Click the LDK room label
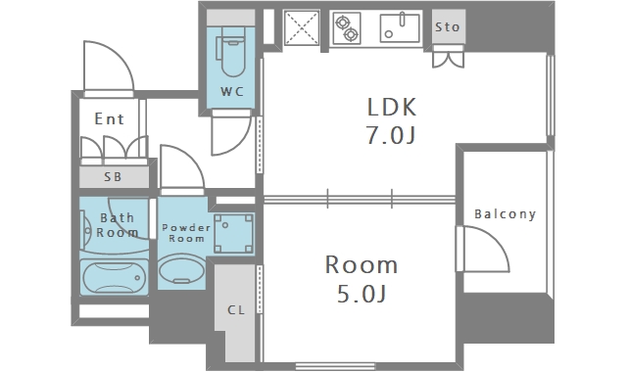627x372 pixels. [x=392, y=107]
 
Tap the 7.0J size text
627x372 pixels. [x=391, y=135]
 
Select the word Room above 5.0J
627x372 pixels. [x=362, y=265]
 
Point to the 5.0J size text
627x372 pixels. [x=362, y=294]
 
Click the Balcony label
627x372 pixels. [x=506, y=214]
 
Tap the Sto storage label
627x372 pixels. [x=448, y=27]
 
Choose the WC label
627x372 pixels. [x=232, y=91]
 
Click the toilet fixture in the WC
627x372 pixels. [x=231, y=55]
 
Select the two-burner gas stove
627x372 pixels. [x=347, y=28]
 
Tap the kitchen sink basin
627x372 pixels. [x=400, y=28]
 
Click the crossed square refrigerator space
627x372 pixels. [x=302, y=27]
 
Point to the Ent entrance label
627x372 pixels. [x=109, y=118]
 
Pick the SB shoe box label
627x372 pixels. [x=113, y=177]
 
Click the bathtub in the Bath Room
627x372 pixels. [x=114, y=277]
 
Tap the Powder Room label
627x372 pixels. [x=186, y=233]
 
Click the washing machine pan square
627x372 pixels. [x=233, y=234]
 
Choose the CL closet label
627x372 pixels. [x=236, y=310]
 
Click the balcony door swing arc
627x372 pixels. [x=497, y=239]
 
